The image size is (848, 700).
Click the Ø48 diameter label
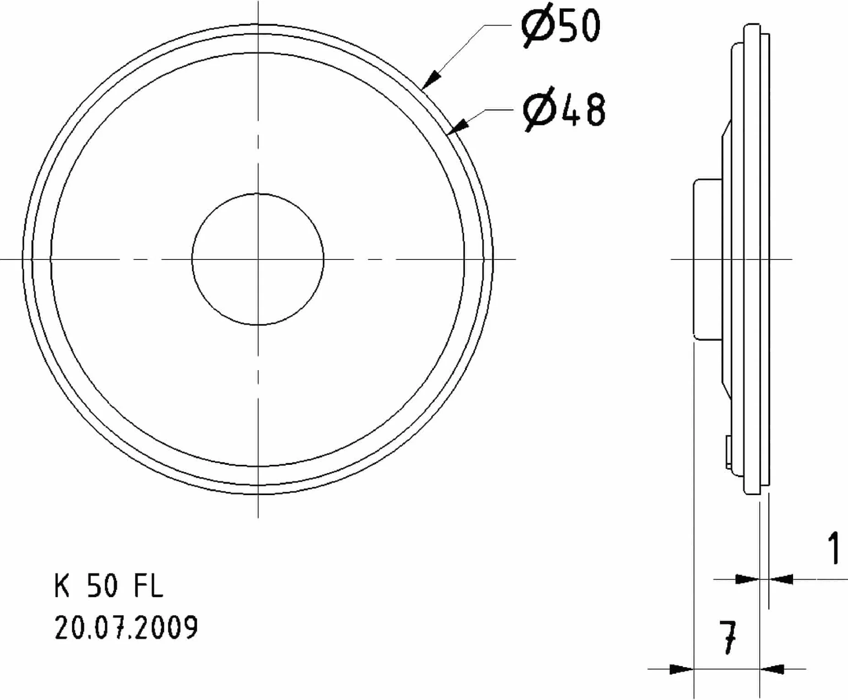click(564, 110)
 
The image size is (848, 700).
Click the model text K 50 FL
click(108, 586)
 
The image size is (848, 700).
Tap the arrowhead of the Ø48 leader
click(458, 126)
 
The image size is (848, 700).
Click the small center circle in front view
click(258, 193)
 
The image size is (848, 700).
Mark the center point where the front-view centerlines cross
click(258, 259)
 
